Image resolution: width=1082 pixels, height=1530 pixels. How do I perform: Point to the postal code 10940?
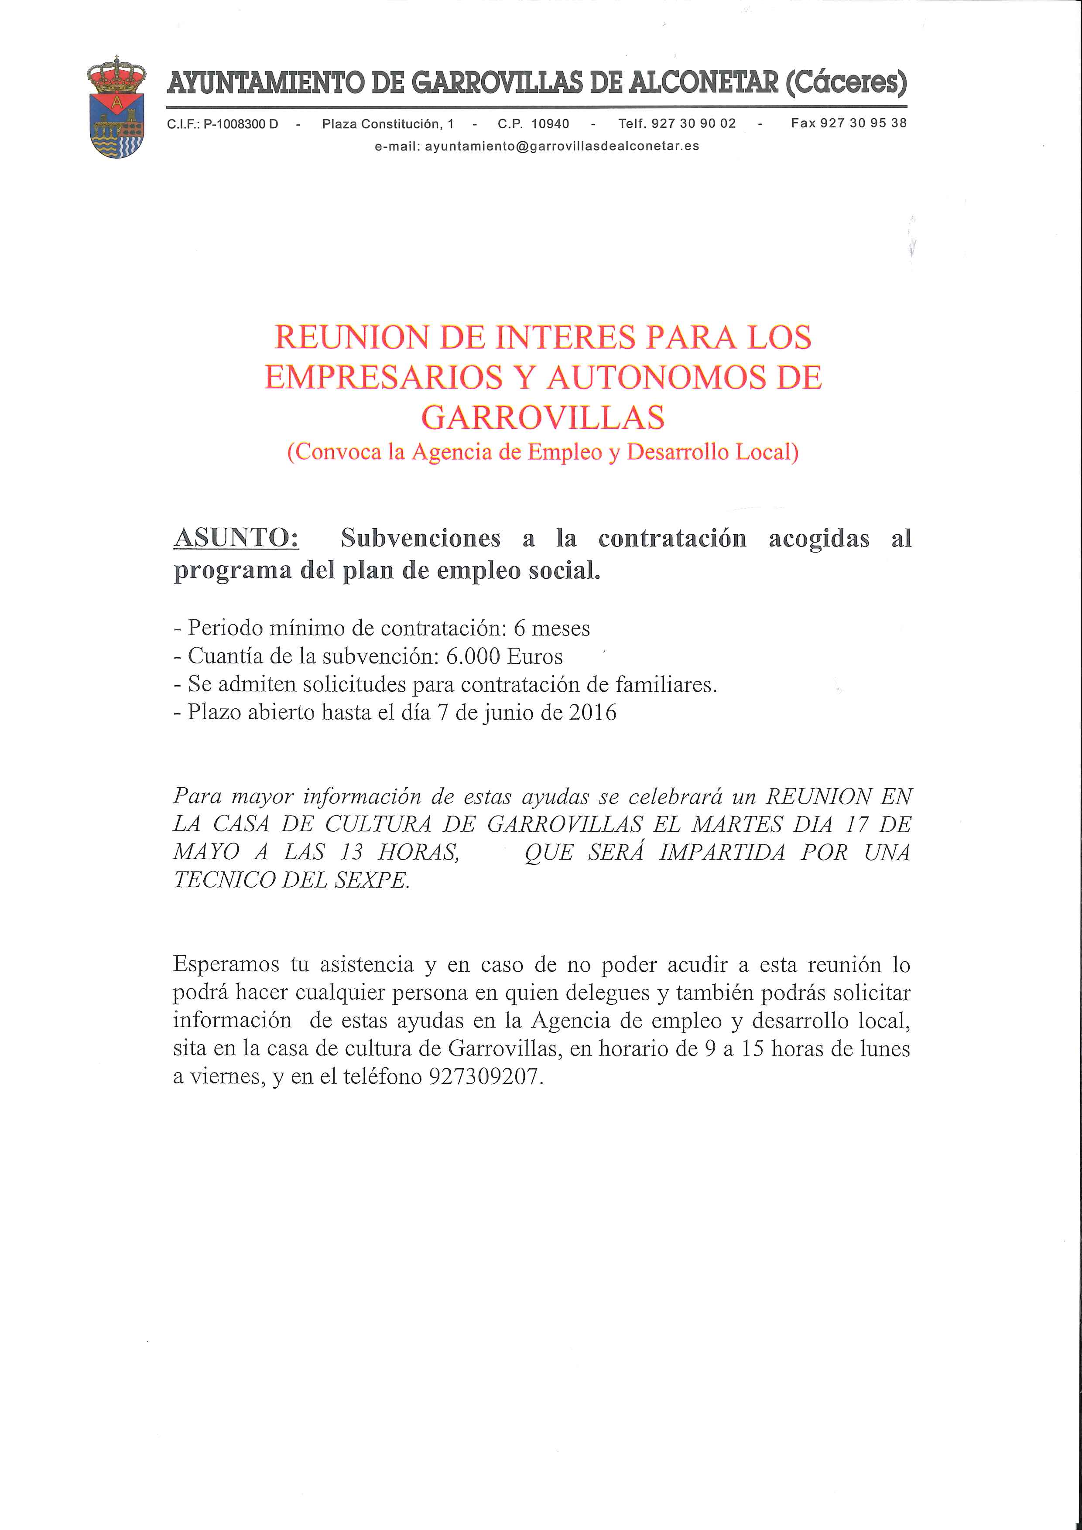point(550,124)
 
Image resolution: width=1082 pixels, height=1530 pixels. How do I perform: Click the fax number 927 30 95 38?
point(863,123)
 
